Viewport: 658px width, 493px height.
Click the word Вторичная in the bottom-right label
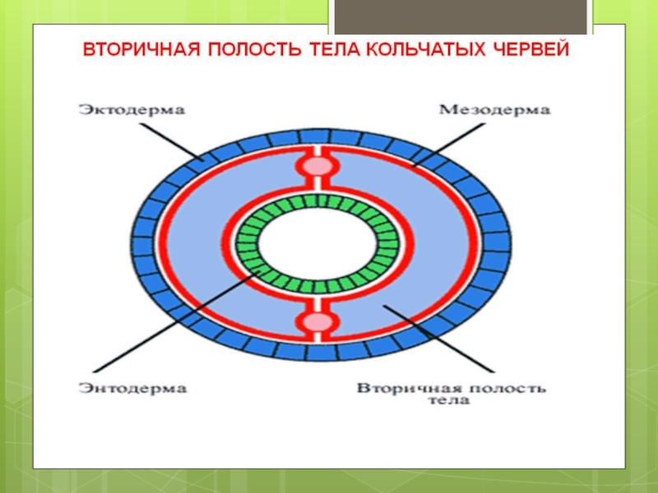click(x=400, y=386)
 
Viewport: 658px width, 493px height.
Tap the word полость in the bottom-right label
click(x=494, y=386)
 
